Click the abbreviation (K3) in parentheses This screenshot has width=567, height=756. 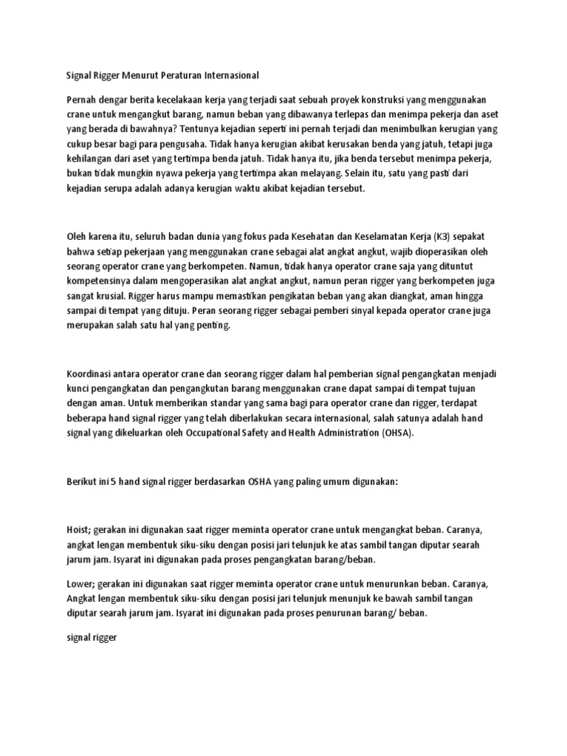pyautogui.click(x=438, y=236)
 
